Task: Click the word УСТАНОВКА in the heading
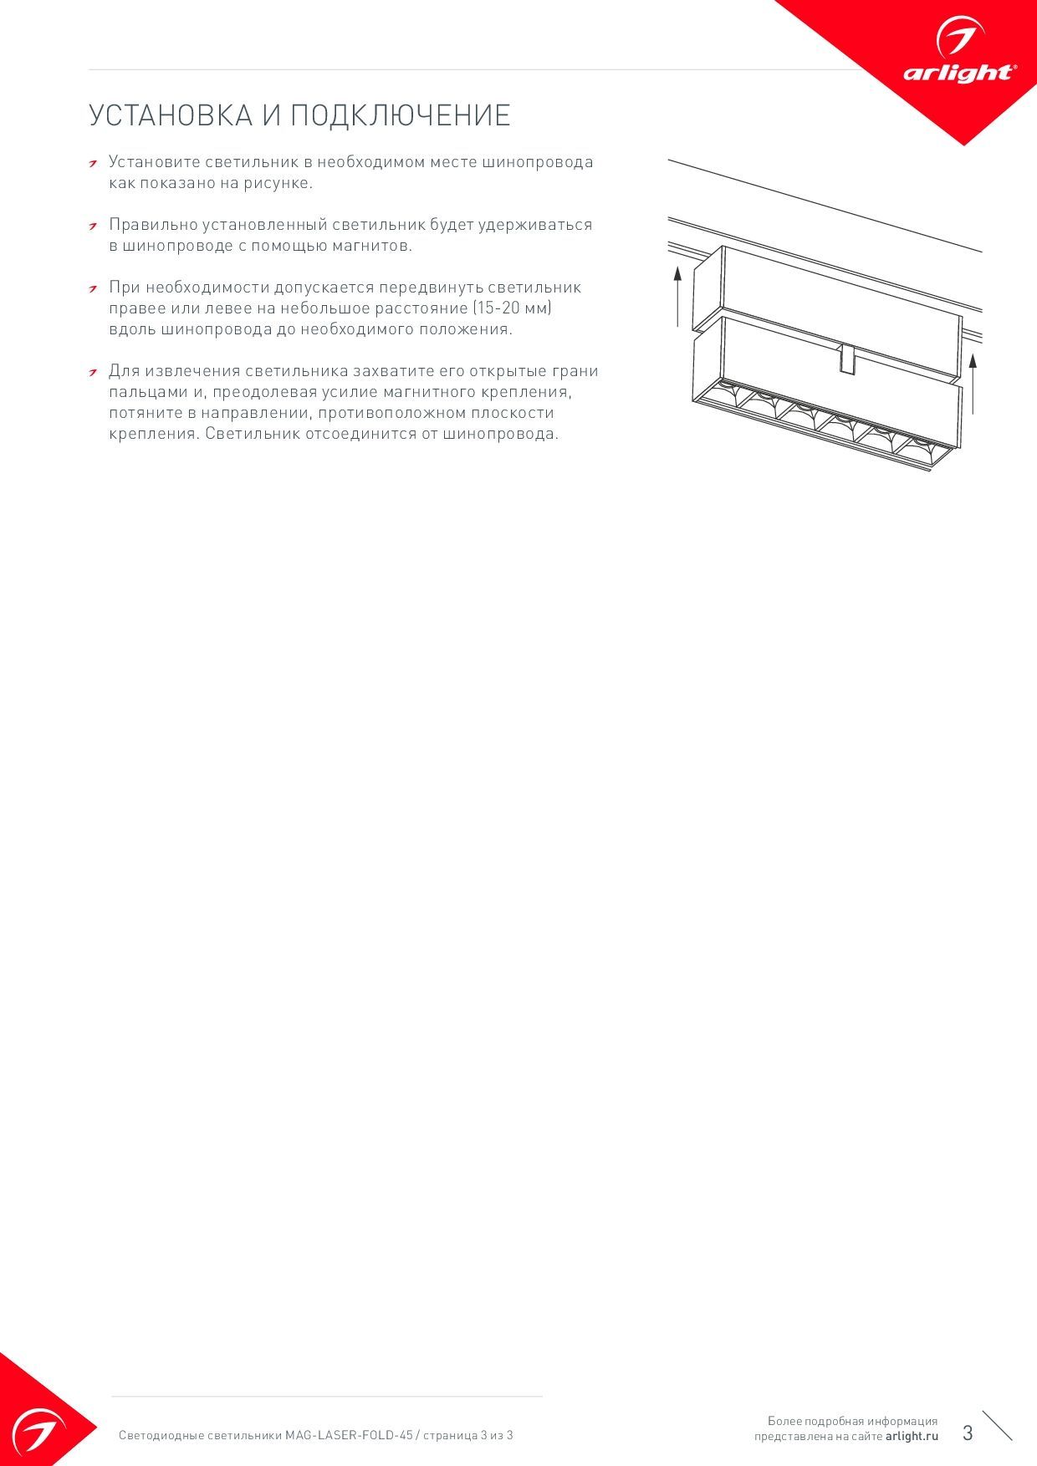coord(171,115)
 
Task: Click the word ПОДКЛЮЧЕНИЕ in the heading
coord(400,115)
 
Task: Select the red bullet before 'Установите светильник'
coord(95,162)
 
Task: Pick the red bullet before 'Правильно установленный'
coord(95,226)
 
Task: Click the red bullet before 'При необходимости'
coord(95,288)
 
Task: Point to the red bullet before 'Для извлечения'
coord(95,372)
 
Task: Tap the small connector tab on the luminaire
coord(846,359)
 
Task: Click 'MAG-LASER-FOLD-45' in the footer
coord(349,1435)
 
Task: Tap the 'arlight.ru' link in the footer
coord(912,1436)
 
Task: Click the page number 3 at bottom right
coord(968,1433)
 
